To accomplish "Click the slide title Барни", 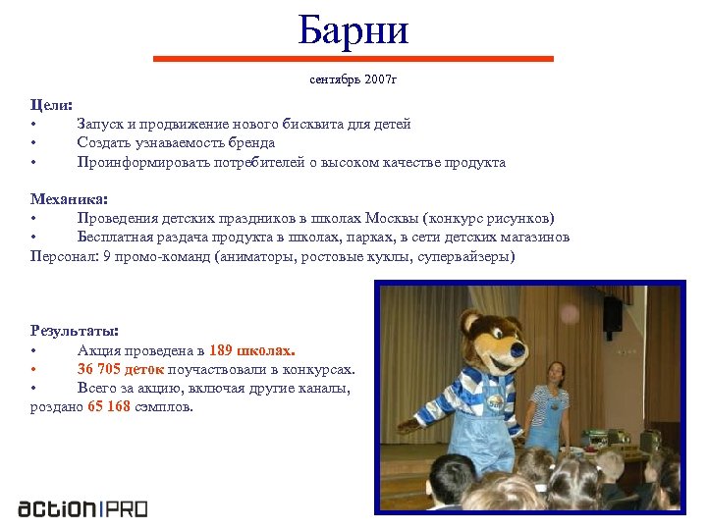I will coord(353,30).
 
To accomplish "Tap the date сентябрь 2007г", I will coord(353,78).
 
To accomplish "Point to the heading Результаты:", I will coord(75,330).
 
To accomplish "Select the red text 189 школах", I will coord(252,350).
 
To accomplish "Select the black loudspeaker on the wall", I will coord(612,313).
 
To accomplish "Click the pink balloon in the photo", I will coord(569,313).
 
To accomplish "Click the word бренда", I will coord(253,142).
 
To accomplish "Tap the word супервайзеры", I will coord(455,256).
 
